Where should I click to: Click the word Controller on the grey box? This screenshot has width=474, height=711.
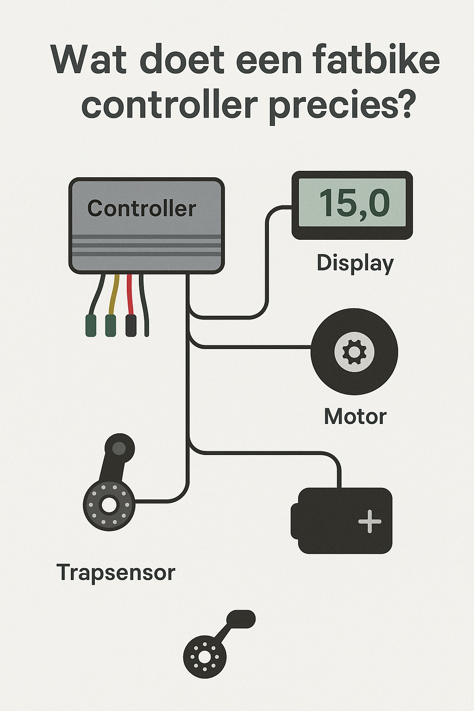142,209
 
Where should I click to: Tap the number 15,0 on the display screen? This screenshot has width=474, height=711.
354,203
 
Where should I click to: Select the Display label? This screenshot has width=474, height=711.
355,263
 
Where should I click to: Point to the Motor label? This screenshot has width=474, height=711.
355,417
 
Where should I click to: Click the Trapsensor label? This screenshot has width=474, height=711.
116,573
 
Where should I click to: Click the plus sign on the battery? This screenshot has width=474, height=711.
370,522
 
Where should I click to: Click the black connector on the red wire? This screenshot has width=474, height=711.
131,325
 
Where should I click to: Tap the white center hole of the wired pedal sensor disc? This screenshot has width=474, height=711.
109,505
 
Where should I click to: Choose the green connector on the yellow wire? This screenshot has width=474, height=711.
111,325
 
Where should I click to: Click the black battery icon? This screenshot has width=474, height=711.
342,521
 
